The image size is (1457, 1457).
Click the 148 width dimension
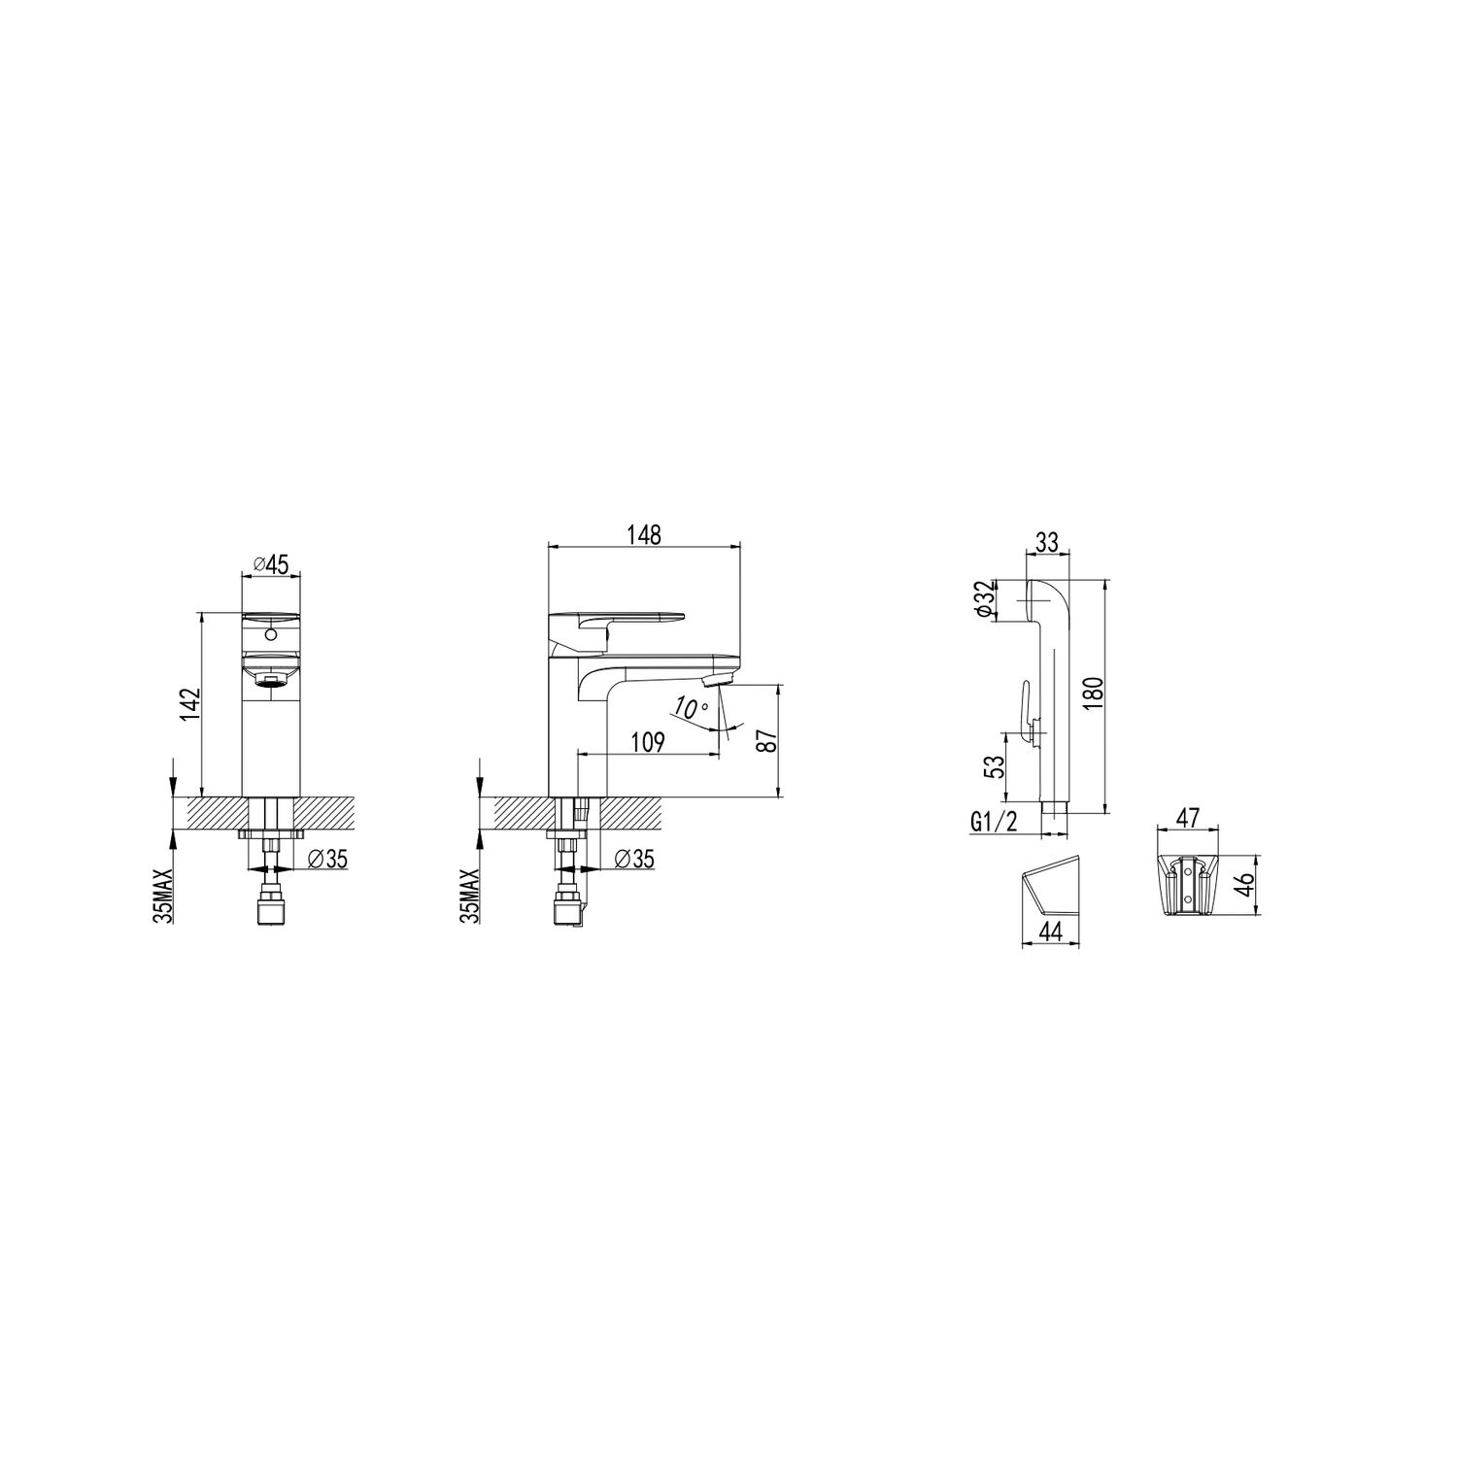click(643, 535)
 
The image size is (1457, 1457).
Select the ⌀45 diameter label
click(270, 564)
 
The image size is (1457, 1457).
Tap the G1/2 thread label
click(992, 823)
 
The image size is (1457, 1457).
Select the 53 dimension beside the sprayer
click(994, 767)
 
